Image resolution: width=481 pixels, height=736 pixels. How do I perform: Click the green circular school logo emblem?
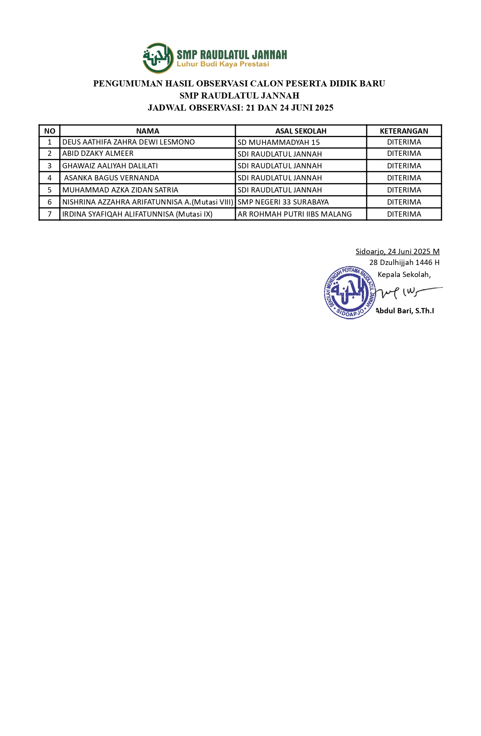click(x=158, y=58)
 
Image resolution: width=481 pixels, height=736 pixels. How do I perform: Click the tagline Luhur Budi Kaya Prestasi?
click(x=223, y=64)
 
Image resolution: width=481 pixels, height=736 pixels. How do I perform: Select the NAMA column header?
click(x=148, y=131)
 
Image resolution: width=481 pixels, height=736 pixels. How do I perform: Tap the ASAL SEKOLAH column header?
click(x=301, y=131)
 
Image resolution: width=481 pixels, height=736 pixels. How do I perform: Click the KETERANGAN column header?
click(x=404, y=131)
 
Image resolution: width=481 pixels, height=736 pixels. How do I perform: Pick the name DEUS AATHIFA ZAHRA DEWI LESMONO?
click(x=128, y=142)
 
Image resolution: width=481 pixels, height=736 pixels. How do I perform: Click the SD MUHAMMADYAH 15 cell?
click(x=278, y=143)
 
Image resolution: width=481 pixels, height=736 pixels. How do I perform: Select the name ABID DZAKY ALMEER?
click(x=98, y=154)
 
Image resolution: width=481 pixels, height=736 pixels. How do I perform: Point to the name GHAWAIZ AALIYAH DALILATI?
click(x=110, y=166)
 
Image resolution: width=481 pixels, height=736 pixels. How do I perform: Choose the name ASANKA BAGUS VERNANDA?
click(x=111, y=178)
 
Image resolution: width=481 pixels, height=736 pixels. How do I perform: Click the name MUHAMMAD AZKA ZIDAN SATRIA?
click(x=120, y=190)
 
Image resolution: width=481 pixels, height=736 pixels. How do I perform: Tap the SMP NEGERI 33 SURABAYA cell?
click(x=283, y=202)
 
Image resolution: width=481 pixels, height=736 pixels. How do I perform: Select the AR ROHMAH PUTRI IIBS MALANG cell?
click(x=294, y=214)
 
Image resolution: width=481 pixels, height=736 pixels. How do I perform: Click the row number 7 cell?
click(x=49, y=214)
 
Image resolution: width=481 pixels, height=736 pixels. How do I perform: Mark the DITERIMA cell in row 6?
click(x=404, y=202)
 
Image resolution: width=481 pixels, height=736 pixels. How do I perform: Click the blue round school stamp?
click(x=350, y=293)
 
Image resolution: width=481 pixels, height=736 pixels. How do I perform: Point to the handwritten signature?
click(x=407, y=292)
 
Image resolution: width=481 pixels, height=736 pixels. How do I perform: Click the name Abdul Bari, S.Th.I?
click(x=405, y=311)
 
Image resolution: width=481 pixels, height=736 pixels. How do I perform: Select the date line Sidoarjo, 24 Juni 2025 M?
click(x=397, y=251)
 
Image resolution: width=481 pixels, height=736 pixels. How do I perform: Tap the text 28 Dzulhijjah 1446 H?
click(x=404, y=262)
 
